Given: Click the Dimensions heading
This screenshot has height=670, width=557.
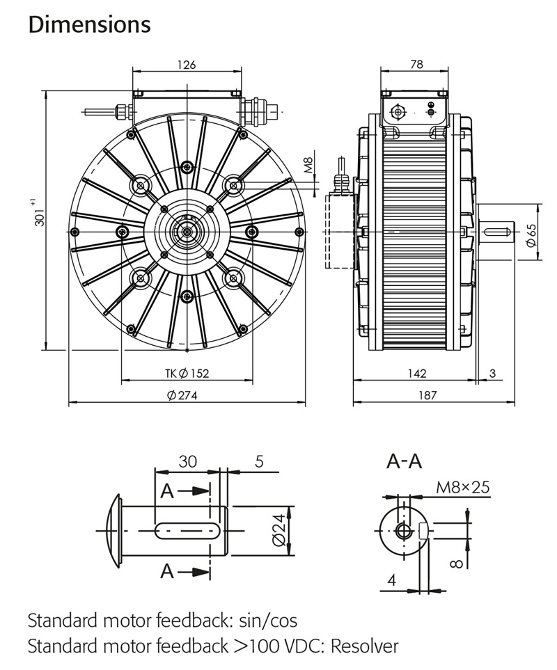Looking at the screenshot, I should tap(89, 24).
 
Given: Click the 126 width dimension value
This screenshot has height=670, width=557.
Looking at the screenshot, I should tap(187, 65).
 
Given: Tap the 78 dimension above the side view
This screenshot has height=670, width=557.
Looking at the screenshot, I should tap(416, 65).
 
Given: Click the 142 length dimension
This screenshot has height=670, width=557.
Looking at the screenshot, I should tap(416, 374).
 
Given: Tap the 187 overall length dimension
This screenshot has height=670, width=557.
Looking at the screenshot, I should tap(427, 395).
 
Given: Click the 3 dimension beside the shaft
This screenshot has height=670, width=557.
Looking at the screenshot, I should tap(492, 374).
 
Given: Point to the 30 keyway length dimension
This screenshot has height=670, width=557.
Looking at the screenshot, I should tap(187, 461).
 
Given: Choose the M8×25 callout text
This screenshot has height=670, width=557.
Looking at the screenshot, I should tap(462, 487).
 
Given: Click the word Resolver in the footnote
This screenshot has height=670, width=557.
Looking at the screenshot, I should tap(364, 646).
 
